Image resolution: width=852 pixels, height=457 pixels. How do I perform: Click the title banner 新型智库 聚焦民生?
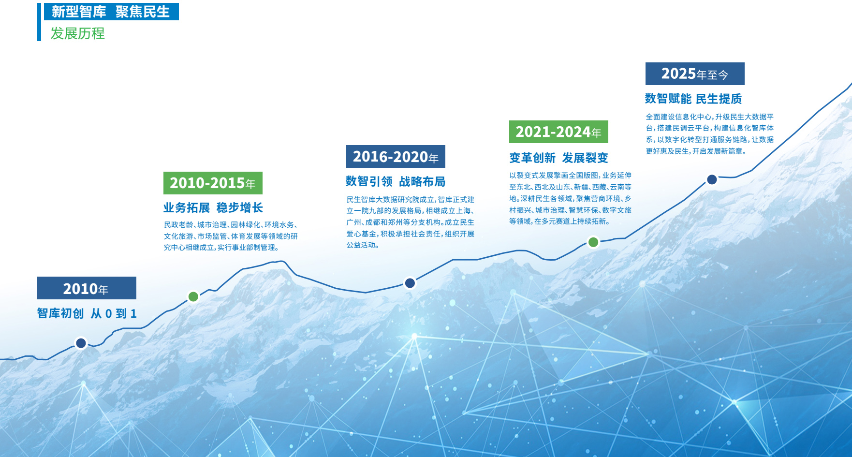pyautogui.click(x=111, y=12)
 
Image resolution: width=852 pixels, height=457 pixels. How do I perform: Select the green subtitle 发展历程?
pyautogui.click(x=78, y=33)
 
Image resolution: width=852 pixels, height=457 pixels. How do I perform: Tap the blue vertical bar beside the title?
pyautogui.click(x=39, y=22)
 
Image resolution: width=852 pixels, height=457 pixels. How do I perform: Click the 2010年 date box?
pyautogui.click(x=87, y=288)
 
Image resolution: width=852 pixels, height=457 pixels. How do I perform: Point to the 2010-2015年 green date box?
pyautogui.click(x=213, y=183)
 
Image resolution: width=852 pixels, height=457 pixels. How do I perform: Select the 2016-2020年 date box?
pyautogui.click(x=396, y=156)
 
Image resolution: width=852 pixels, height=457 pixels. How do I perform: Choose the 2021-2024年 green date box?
pyautogui.click(x=558, y=132)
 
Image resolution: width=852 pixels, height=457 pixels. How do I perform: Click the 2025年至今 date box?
pyautogui.click(x=695, y=74)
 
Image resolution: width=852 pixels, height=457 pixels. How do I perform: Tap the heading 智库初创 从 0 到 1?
pyautogui.click(x=87, y=313)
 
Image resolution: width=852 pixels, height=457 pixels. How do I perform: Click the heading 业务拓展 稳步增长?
pyautogui.click(x=213, y=207)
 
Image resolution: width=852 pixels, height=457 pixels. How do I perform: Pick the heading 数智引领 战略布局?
pyautogui.click(x=396, y=181)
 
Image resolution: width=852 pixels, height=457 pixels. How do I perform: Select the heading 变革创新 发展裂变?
pyautogui.click(x=558, y=158)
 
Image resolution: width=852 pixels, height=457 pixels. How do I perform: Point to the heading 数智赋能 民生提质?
pyautogui.click(x=693, y=99)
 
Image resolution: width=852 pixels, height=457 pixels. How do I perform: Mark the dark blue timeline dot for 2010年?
pyautogui.click(x=81, y=343)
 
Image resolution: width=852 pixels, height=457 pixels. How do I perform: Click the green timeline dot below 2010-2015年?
pyautogui.click(x=193, y=296)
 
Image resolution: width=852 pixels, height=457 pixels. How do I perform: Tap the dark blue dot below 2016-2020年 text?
pyautogui.click(x=410, y=283)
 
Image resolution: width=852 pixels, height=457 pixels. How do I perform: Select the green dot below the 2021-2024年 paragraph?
pyautogui.click(x=593, y=242)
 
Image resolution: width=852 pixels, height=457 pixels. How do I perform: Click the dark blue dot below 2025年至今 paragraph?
pyautogui.click(x=712, y=179)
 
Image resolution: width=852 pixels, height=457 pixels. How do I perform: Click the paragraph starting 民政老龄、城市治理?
pyautogui.click(x=231, y=236)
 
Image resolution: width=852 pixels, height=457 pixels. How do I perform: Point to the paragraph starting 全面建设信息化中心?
pyautogui.click(x=710, y=134)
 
